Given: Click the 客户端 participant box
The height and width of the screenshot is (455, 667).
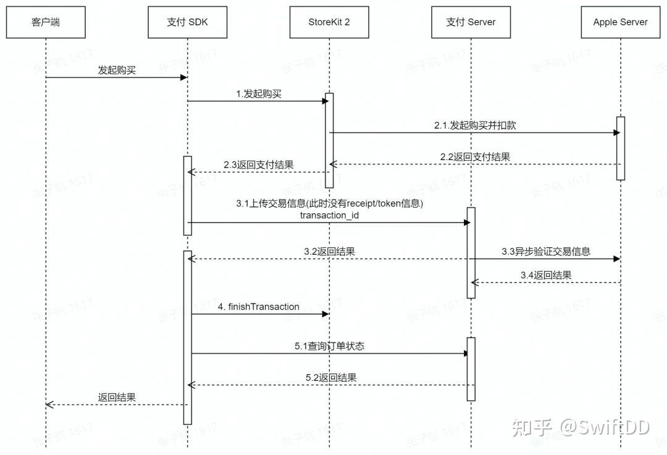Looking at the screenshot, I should coord(46,22).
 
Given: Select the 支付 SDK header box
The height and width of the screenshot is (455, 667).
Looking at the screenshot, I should coord(187,22).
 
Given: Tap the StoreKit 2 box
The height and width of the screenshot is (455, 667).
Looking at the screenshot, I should coord(329,22).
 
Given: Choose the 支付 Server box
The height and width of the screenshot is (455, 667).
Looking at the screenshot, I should coord(471,22).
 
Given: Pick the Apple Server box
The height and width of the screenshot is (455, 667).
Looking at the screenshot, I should coord(620,22).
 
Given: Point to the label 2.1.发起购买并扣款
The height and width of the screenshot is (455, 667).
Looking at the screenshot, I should coord(474,125).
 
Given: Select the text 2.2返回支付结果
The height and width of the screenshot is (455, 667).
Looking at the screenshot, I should coord(475,157).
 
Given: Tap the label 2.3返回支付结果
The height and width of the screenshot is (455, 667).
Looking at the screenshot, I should coord(258,165).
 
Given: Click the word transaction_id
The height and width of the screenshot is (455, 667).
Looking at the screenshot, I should coord(329,215).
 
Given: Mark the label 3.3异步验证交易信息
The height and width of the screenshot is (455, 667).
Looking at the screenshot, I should coord(546,251).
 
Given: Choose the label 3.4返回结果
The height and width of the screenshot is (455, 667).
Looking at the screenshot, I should coord(545,275).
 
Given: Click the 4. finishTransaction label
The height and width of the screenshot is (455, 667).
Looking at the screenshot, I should coord(259,307).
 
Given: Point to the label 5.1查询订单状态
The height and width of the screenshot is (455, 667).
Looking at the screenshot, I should coord(329,346).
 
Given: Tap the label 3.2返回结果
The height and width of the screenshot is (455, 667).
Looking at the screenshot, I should coord(329,252).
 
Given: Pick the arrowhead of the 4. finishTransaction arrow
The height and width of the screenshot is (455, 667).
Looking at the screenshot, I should coord(325,314).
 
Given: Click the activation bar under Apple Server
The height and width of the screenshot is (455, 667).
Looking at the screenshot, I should coord(620,148).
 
